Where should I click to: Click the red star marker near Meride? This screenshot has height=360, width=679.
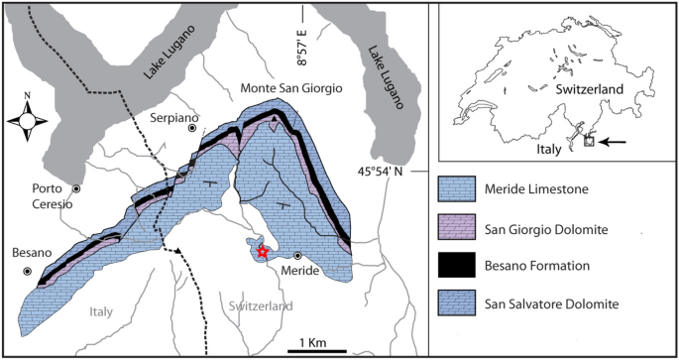[261, 253]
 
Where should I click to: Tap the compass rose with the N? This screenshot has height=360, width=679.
[28, 121]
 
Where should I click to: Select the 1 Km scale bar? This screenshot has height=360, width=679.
[317, 349]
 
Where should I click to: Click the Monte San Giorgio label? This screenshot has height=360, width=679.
[292, 88]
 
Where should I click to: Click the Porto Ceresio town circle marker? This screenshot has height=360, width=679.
[76, 187]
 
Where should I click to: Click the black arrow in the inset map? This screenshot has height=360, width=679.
[615, 142]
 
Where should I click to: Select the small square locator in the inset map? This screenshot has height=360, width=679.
[589, 142]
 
